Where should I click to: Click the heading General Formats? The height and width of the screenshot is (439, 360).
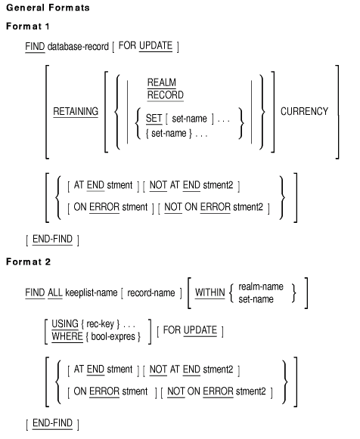pos(48,8)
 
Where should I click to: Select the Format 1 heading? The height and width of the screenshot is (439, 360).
pos(28,26)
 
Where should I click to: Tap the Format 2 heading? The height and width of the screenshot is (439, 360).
pos(28,261)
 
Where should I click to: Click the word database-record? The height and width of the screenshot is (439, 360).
pos(78,47)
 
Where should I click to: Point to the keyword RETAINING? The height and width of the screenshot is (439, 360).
pos(76,111)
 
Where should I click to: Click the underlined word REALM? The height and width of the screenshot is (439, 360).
pos(162,82)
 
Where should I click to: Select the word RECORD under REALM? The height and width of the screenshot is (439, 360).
pos(166,95)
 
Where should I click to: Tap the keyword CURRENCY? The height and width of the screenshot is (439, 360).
pos(304,111)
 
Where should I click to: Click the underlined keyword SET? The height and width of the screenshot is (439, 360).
pos(154,119)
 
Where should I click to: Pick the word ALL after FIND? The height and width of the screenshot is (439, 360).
pos(55,293)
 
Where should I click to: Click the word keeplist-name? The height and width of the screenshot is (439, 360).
pos(92,293)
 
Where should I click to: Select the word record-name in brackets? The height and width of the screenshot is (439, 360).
pos(151,293)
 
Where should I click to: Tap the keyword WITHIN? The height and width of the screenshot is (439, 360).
pos(209,293)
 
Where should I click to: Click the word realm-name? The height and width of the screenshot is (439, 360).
pos(261,286)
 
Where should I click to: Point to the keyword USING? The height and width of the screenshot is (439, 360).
pos(65,324)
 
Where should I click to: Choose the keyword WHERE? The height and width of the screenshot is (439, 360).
pos(67,336)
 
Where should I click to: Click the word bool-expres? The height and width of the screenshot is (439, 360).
pos(113,336)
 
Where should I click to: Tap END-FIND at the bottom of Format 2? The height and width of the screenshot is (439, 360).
pos(52,423)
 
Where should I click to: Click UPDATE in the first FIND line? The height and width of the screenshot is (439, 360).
pos(156,45)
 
